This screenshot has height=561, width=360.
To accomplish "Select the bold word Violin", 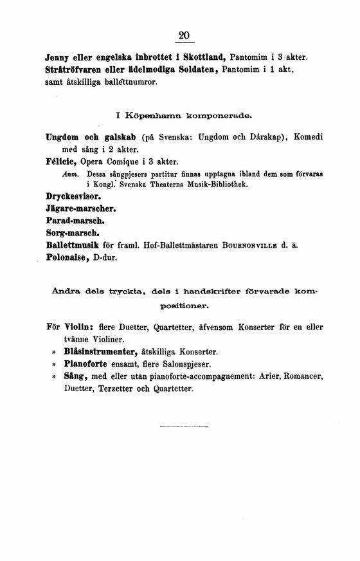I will [x=82, y=327].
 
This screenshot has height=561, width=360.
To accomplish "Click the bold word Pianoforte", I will [x=88, y=363].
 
